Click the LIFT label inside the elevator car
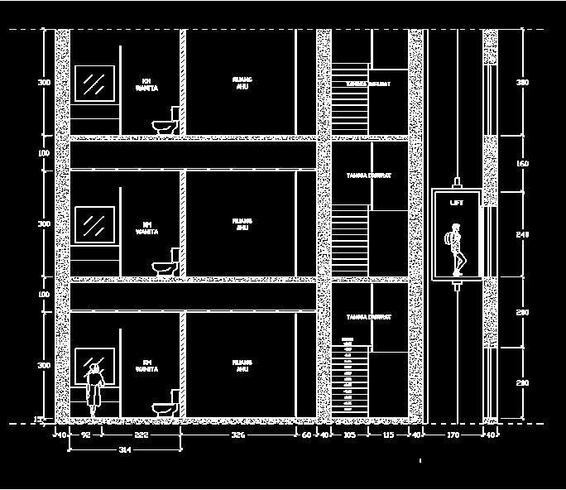(x=457, y=203)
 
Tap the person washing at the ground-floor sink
(x=96, y=389)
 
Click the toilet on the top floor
(x=166, y=122)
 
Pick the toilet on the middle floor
(x=166, y=263)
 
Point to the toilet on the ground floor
(x=166, y=405)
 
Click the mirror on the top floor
(x=95, y=84)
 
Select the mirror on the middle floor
(x=95, y=224)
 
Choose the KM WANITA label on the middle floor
(x=147, y=228)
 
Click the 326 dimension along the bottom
(x=237, y=435)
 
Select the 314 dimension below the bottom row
(x=125, y=449)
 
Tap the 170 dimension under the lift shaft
(x=453, y=435)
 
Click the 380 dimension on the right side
(x=522, y=83)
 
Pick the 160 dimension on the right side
(x=522, y=164)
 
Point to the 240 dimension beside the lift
(x=522, y=235)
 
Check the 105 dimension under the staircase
(x=349, y=435)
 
